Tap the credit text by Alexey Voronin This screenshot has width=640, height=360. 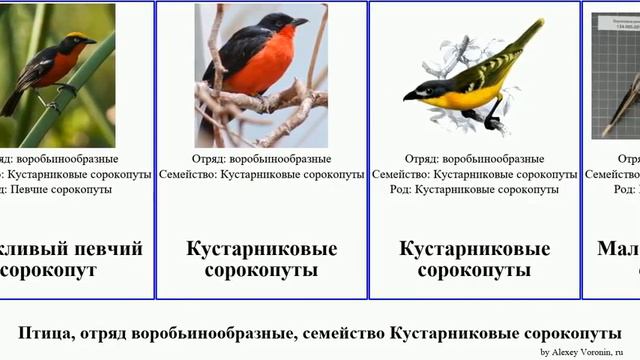point(588,352)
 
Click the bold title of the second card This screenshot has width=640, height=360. point(261,259)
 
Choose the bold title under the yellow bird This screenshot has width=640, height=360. point(474,259)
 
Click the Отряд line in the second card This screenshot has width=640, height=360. point(261,158)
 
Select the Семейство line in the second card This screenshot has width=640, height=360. point(261,174)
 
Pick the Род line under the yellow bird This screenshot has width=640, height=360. point(474,188)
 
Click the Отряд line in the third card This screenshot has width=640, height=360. point(474,158)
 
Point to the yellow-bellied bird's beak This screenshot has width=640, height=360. point(411,95)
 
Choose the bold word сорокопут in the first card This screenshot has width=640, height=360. point(50,270)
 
